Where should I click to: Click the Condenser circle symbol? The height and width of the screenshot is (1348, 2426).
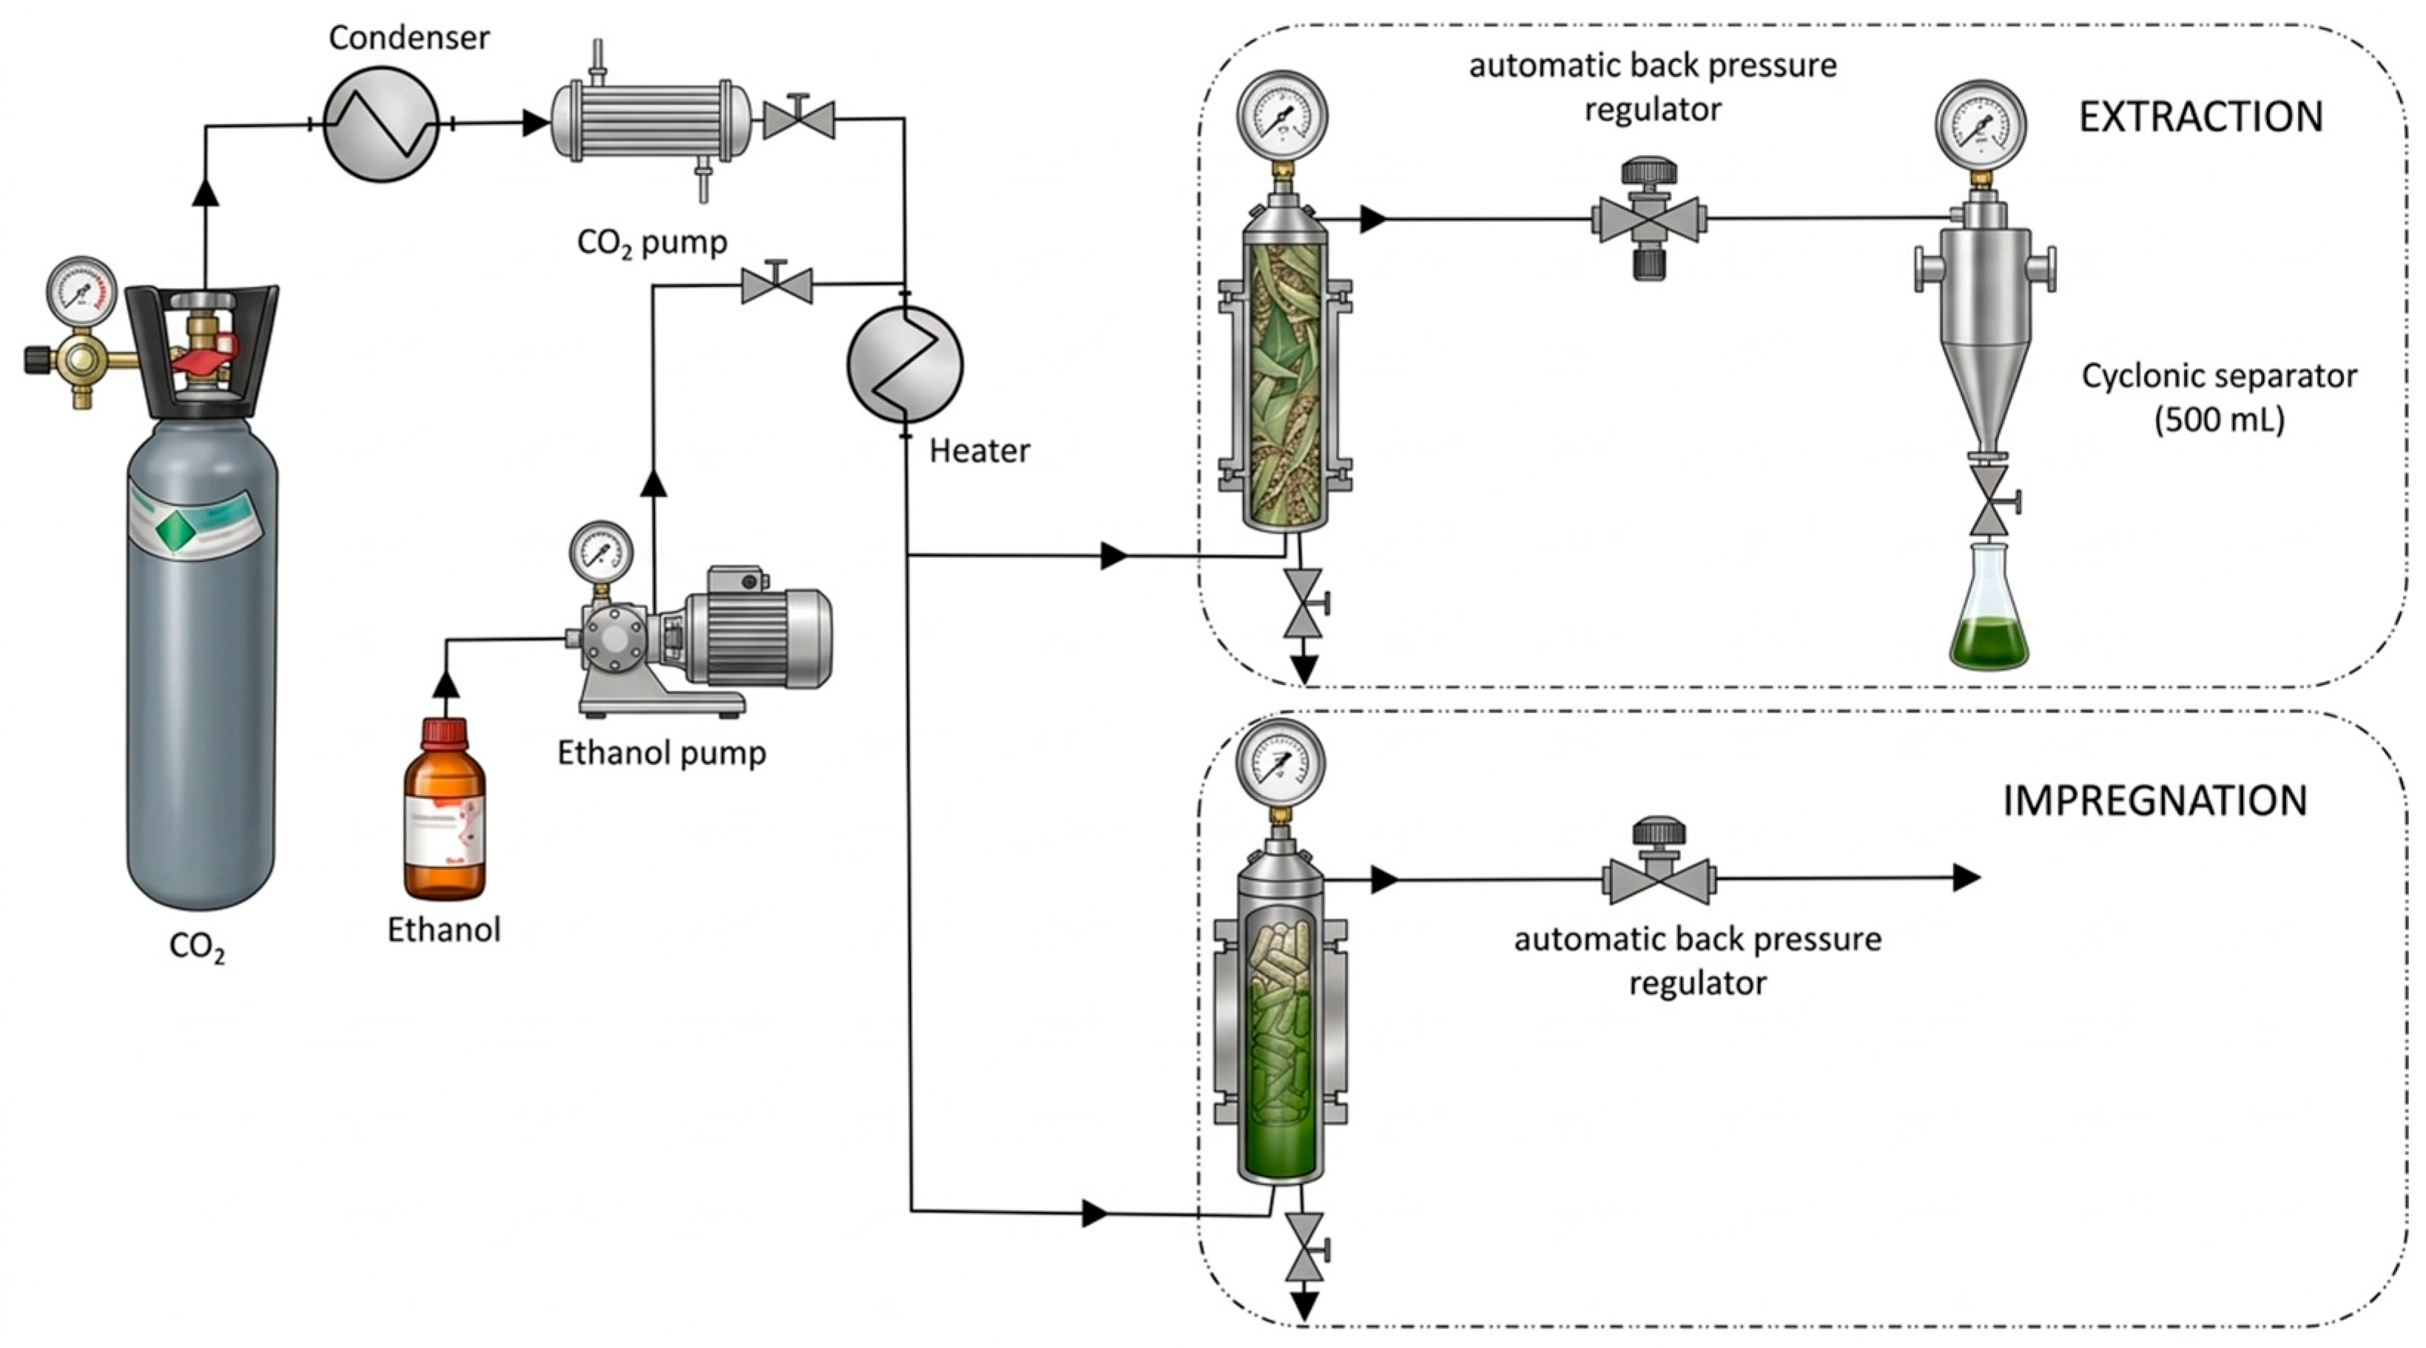pyautogui.click(x=382, y=124)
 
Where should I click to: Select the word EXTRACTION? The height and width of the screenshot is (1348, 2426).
pyautogui.click(x=2201, y=117)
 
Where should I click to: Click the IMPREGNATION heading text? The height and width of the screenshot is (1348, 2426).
pyautogui.click(x=2154, y=801)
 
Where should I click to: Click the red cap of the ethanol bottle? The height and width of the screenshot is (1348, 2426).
pyautogui.click(x=445, y=734)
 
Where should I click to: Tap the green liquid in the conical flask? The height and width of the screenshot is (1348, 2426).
pyautogui.click(x=1988, y=641)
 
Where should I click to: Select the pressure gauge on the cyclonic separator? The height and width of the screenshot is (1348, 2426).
pyautogui.click(x=1981, y=128)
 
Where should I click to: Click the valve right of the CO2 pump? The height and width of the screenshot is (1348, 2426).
pyautogui.click(x=798, y=118)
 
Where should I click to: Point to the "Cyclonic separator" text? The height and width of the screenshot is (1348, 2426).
pyautogui.click(x=2219, y=377)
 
